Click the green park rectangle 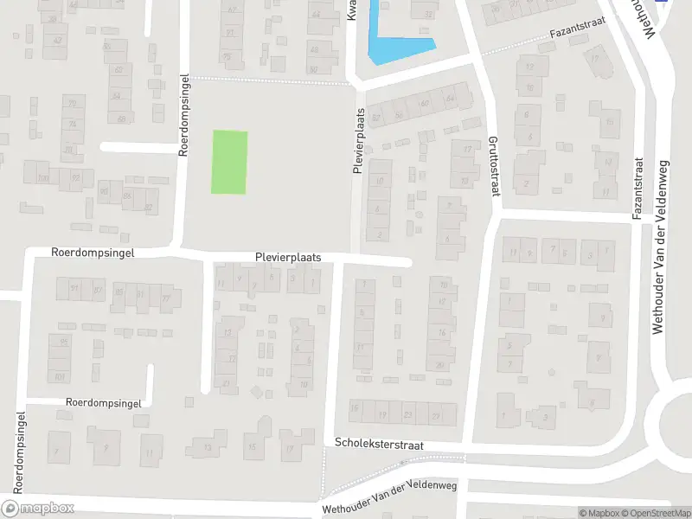tap(230, 162)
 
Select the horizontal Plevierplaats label tap(288, 258)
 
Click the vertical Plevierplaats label tap(356, 142)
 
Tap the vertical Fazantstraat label tap(638, 188)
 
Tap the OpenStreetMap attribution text tap(653, 513)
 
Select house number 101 tap(60, 376)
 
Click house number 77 tap(165, 299)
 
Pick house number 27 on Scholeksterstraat tap(437, 416)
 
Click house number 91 tap(74, 288)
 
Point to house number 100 tap(42, 178)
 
